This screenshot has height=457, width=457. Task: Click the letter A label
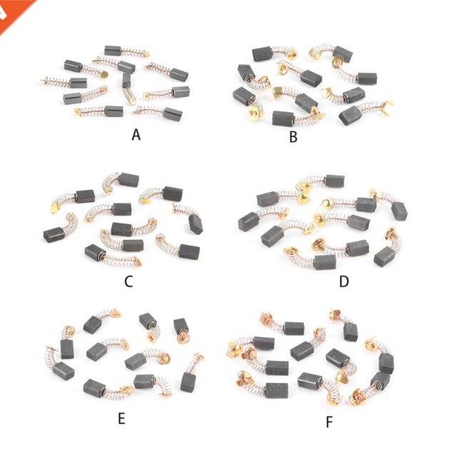(136, 134)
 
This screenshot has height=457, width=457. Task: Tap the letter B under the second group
(293, 136)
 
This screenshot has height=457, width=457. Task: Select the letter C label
(129, 281)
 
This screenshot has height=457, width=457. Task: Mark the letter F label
(329, 422)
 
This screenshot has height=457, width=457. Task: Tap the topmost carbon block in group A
(114, 51)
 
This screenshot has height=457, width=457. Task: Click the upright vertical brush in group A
(127, 81)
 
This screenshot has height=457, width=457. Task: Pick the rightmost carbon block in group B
(352, 113)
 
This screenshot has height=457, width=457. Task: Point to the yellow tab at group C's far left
(54, 207)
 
